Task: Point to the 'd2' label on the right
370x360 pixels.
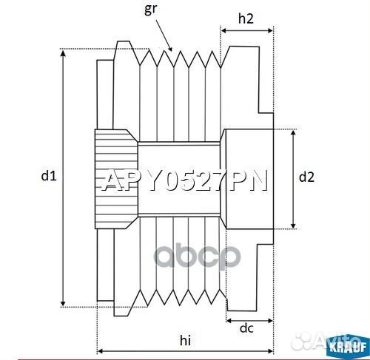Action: click(306, 177)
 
